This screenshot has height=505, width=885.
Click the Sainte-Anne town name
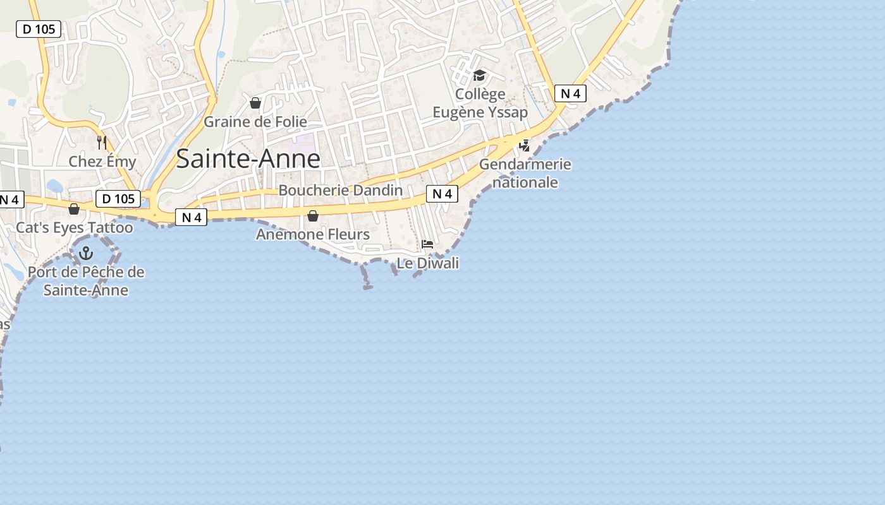coord(248,158)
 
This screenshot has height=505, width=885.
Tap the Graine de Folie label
coord(255,122)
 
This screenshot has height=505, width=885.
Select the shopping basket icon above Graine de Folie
coord(255,102)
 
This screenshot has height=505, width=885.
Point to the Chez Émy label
coord(102,162)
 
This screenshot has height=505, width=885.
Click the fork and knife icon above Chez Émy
coord(102,142)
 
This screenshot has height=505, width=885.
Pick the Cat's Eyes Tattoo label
coord(75,228)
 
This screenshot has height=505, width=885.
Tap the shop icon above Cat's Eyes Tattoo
coord(74,209)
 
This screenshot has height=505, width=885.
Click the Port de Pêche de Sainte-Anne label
coord(86,282)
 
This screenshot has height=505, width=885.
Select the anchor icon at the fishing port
coord(86,254)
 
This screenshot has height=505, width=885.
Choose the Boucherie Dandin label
coord(340,190)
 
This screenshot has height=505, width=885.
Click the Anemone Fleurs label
coord(313,235)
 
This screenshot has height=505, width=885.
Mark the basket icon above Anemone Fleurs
coord(313,216)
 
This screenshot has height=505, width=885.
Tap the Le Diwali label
coord(427,263)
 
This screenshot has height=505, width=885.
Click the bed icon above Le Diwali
coord(427,244)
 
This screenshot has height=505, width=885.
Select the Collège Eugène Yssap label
coord(480,103)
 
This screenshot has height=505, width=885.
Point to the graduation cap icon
coord(480,76)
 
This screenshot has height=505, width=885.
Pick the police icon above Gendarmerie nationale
coord(524,146)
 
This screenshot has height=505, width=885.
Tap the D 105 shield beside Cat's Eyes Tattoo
coord(118,199)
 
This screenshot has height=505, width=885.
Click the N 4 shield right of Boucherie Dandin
coord(442,194)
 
